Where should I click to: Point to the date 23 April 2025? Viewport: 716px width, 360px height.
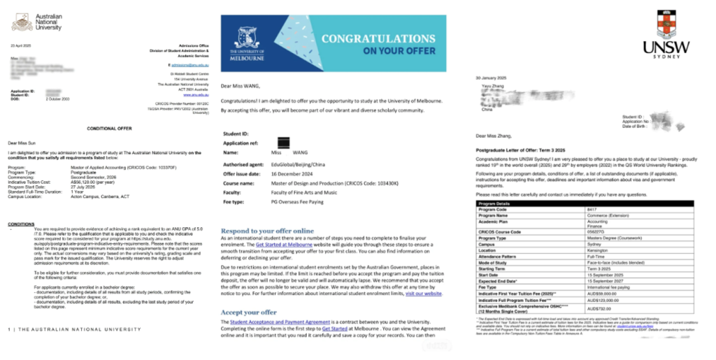coord(22,45)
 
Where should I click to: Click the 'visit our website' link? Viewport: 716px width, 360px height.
coord(423,294)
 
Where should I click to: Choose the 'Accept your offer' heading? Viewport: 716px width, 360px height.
coord(249,312)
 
